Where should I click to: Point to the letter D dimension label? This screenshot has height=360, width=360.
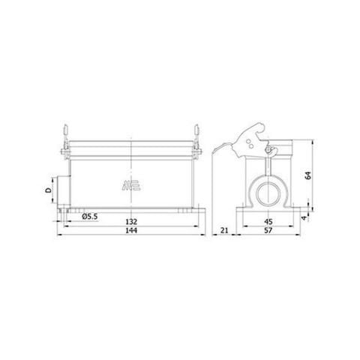pyautogui.click(x=47, y=193)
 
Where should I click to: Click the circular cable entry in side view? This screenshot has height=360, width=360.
pyautogui.click(x=268, y=193)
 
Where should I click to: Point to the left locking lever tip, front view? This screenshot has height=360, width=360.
pyautogui.click(x=64, y=128)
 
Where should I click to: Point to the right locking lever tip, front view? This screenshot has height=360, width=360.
pyautogui.click(x=197, y=128)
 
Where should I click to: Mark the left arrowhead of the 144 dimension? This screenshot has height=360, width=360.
pyautogui.click(x=60, y=235)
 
